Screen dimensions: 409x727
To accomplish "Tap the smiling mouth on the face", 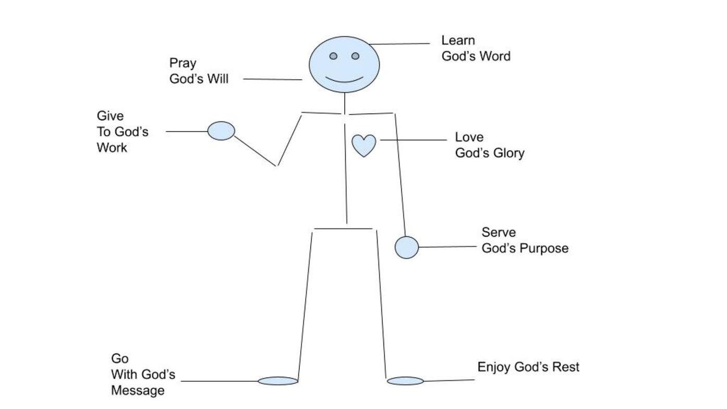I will point(344,80).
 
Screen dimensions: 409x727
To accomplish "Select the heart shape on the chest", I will point(364,145).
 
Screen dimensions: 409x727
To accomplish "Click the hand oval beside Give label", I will point(221,130).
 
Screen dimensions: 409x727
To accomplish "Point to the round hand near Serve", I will point(407,247).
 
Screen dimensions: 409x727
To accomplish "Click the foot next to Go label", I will point(278,381).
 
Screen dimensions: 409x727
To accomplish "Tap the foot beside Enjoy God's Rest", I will point(405,381).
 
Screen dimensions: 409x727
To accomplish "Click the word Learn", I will point(458,40).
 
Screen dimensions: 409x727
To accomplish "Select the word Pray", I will point(183,64).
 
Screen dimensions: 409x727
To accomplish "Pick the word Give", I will point(110,116).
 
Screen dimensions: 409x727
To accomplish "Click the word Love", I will point(469,137).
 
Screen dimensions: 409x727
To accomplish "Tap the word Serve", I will point(498,232).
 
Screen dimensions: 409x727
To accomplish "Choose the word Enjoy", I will point(494,367).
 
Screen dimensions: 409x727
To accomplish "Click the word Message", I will point(138,391).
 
